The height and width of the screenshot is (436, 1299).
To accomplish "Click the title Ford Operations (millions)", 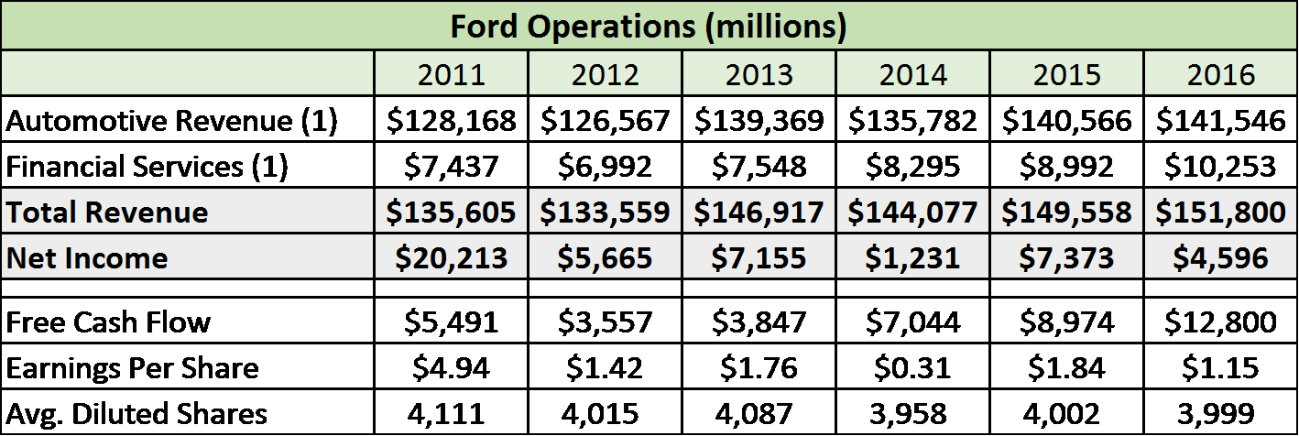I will pyautogui.click(x=648, y=26).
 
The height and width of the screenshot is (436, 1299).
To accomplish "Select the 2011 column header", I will pyautogui.click(x=451, y=74).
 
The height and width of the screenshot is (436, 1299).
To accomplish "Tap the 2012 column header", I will pyautogui.click(x=605, y=74).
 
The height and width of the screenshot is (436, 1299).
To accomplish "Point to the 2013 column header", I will pyautogui.click(x=759, y=74).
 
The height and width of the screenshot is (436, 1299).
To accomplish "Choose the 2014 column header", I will pyautogui.click(x=912, y=74).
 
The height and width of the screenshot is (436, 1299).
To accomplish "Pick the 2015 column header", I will pyautogui.click(x=1066, y=74).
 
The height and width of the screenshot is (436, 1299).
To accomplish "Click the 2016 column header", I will pyautogui.click(x=1220, y=74).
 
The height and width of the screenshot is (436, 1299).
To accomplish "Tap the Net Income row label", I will pyautogui.click(x=87, y=258).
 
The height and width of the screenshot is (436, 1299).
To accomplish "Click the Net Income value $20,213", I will pyautogui.click(x=451, y=258).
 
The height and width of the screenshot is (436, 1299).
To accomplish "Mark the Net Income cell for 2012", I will pyautogui.click(x=605, y=258).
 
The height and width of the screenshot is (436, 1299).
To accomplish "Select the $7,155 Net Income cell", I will pyautogui.click(x=759, y=258).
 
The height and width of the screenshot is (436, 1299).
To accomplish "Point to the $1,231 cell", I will pyautogui.click(x=912, y=258).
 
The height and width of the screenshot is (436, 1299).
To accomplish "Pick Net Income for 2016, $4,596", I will pyautogui.click(x=1220, y=258).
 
